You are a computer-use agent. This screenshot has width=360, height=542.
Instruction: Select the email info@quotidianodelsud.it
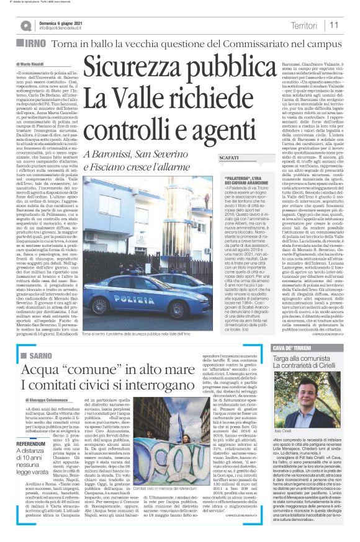tap(64, 28)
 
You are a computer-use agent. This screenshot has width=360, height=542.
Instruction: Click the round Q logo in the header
tap(25, 25)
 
